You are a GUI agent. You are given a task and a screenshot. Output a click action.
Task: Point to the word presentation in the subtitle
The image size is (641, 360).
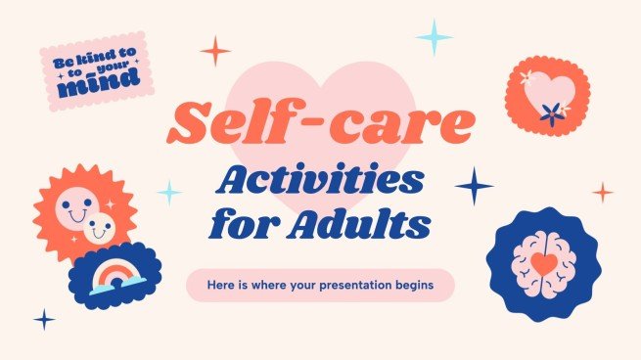pyautogui.click(x=362, y=286)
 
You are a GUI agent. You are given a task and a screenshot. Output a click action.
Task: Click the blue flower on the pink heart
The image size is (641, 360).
pyautogui.click(x=555, y=110)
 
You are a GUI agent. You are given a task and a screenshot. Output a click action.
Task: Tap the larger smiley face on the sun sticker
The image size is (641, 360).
pyautogui.click(x=75, y=206)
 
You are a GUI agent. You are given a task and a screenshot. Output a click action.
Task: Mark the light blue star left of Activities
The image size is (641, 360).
pyautogui.click(x=170, y=192)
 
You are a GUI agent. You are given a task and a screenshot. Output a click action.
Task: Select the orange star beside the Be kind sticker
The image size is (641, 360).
pyautogui.click(x=215, y=50)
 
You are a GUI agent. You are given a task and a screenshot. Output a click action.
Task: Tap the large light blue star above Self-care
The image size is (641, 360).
pyautogui.click(x=434, y=37)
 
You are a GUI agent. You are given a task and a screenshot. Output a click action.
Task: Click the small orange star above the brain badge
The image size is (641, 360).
pyautogui.click(x=604, y=192)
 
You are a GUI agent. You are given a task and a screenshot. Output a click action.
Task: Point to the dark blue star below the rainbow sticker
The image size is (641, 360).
pyautogui.click(x=44, y=319)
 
